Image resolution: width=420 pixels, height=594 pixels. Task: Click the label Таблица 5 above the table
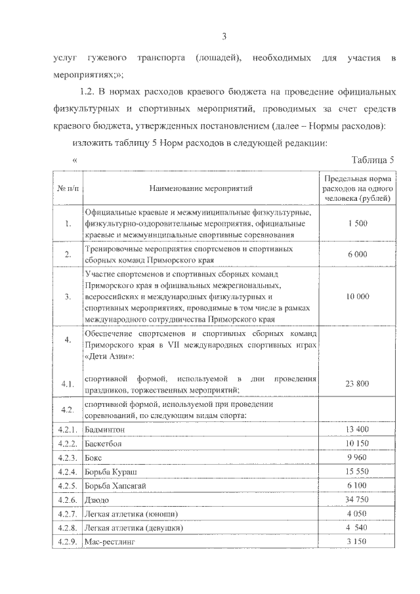click(x=373, y=159)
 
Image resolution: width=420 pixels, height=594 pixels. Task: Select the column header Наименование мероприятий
click(x=201, y=189)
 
